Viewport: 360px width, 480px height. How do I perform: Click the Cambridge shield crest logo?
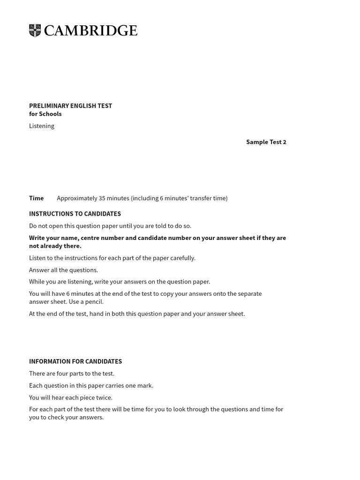click(35, 30)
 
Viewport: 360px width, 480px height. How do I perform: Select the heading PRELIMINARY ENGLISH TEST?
click(70, 106)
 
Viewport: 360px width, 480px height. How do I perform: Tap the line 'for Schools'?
click(45, 114)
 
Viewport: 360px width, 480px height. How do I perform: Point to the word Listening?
click(42, 126)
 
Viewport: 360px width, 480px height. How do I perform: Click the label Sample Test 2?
click(266, 142)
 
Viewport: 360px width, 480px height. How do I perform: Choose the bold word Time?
click(36, 198)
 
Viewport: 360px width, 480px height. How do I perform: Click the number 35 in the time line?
click(102, 198)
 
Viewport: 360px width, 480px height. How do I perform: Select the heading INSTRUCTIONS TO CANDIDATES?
click(75, 214)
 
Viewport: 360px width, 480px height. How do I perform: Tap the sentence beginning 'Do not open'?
click(110, 226)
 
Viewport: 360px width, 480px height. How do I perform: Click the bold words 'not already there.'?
click(55, 246)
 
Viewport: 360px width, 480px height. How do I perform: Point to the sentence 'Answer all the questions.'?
click(63, 270)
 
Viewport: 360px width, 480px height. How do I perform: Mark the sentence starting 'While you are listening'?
click(120, 282)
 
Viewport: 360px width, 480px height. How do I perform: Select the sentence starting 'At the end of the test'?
click(137, 314)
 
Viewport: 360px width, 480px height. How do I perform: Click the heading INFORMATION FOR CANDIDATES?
click(75, 361)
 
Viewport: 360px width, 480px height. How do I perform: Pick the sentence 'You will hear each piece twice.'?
click(71, 397)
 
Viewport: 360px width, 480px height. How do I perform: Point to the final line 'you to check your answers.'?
click(66, 418)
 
